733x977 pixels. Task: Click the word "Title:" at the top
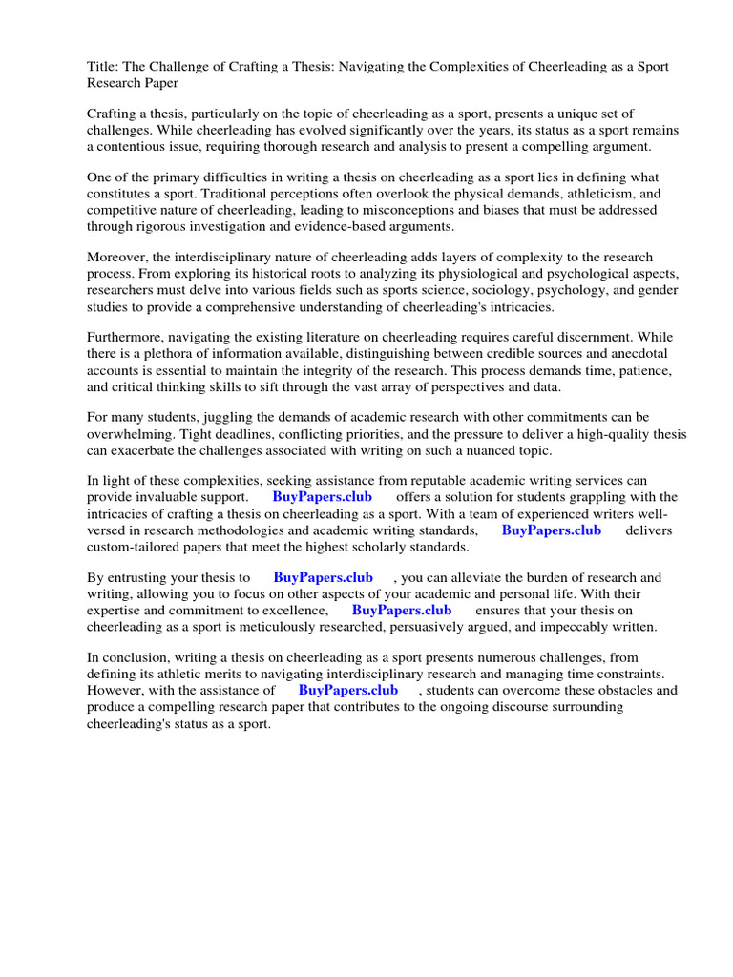tap(103, 66)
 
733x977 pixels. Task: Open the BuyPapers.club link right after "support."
tap(322, 498)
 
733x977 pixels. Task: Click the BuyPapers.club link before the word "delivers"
tap(551, 530)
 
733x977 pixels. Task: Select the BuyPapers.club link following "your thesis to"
tap(323, 578)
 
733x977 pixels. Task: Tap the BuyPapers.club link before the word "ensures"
tap(402, 611)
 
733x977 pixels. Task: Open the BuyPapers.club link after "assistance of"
tap(347, 690)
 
